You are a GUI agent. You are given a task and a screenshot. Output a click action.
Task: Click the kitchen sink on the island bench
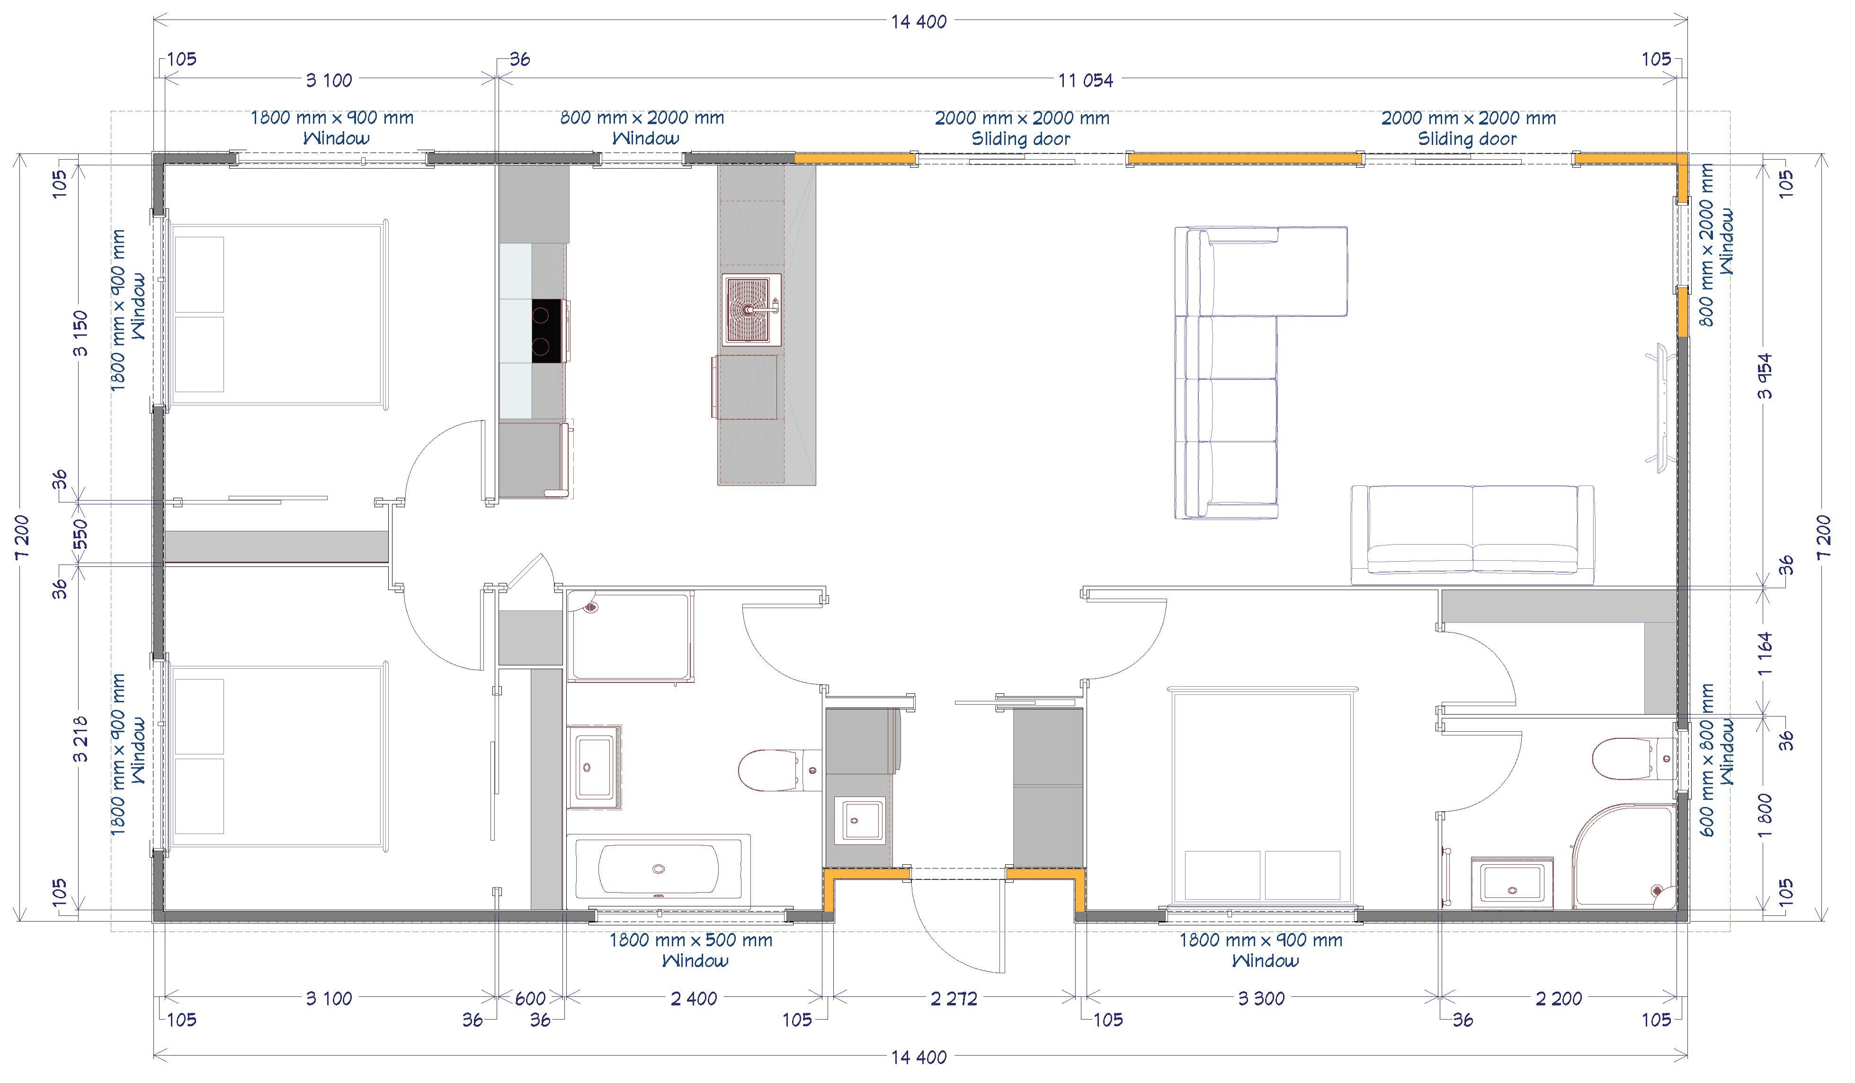(751, 309)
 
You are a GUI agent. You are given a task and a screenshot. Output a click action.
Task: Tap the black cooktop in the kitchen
(547, 331)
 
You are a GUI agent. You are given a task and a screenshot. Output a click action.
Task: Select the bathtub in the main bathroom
(659, 869)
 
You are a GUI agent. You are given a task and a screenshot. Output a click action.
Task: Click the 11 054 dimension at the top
(1086, 80)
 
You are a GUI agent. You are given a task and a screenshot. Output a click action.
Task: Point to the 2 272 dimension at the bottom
(954, 998)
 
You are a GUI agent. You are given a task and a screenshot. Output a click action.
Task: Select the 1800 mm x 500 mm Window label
(691, 950)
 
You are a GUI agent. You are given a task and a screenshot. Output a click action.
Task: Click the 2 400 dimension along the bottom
(694, 998)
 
